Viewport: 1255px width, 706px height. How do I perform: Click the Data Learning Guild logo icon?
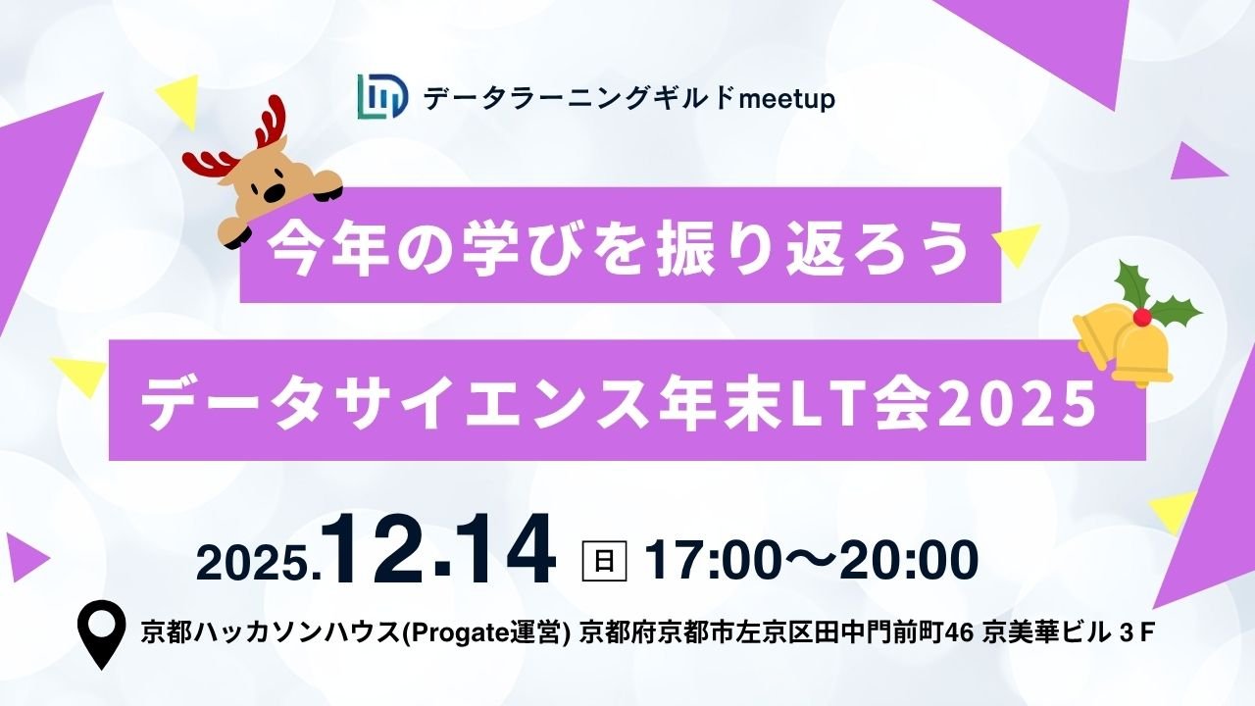[x=382, y=98]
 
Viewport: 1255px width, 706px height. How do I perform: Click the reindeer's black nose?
[x=277, y=189]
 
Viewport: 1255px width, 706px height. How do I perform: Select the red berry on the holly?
[x=1141, y=316]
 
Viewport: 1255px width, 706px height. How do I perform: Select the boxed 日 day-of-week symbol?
[x=604, y=561]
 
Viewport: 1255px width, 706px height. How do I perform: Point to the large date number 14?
[x=506, y=555]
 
